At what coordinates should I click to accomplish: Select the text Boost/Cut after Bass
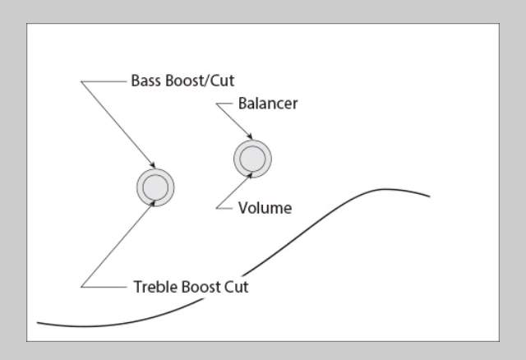pos(200,81)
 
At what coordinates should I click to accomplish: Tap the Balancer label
pos(268,104)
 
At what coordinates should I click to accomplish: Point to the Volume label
pos(265,208)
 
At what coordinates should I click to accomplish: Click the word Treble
pos(155,287)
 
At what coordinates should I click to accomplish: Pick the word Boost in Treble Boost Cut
pos(201,287)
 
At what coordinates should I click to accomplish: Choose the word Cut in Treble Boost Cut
pos(236,287)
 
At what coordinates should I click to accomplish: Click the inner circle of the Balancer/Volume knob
pos(252,159)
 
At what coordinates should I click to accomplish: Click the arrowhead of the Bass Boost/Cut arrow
pos(153,165)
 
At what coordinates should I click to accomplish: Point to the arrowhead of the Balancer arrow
pos(250,136)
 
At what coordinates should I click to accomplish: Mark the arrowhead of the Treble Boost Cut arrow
pos(153,203)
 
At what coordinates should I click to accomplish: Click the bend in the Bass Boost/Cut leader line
pos(81,81)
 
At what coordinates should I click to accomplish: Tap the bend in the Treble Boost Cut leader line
pos(81,287)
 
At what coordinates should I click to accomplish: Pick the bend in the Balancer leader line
pos(217,104)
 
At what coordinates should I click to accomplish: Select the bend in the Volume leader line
pos(217,208)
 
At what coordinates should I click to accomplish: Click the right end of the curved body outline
pos(430,196)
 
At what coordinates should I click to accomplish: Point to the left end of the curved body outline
pos(38,323)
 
